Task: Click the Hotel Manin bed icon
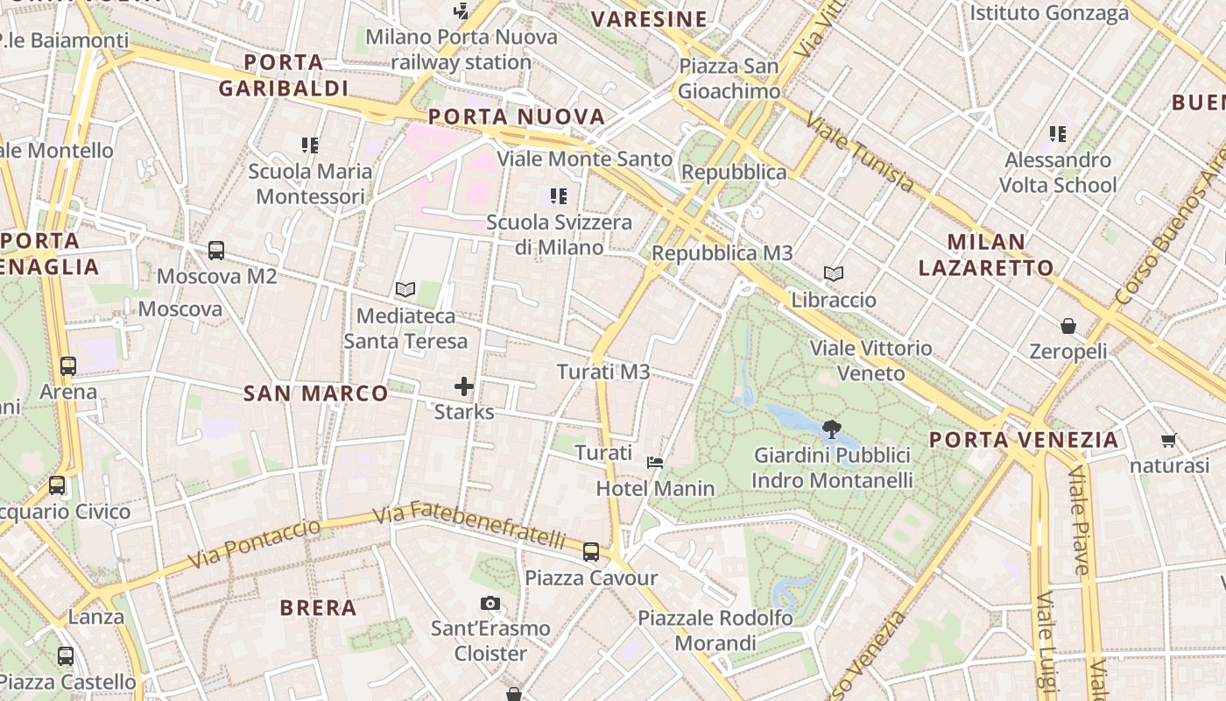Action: [654, 462]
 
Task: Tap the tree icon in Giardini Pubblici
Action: [832, 428]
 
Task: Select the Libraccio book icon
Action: [834, 274]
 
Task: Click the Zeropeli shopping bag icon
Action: [1068, 326]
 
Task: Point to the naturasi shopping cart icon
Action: [1168, 440]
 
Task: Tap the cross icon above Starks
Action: [464, 386]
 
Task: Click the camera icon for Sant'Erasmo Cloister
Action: [490, 603]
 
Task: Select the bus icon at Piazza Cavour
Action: [591, 552]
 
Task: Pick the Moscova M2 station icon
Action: [216, 251]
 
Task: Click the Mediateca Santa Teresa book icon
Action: [405, 289]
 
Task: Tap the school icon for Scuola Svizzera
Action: [559, 196]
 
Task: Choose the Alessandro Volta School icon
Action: [1058, 134]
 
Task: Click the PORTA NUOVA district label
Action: [517, 117]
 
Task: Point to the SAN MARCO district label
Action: [315, 393]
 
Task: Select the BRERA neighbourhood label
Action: [318, 607]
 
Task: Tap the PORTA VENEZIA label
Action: [1024, 440]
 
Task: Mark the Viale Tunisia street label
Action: [860, 152]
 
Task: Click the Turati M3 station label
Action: [603, 372]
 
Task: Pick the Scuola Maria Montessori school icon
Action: [310, 145]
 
